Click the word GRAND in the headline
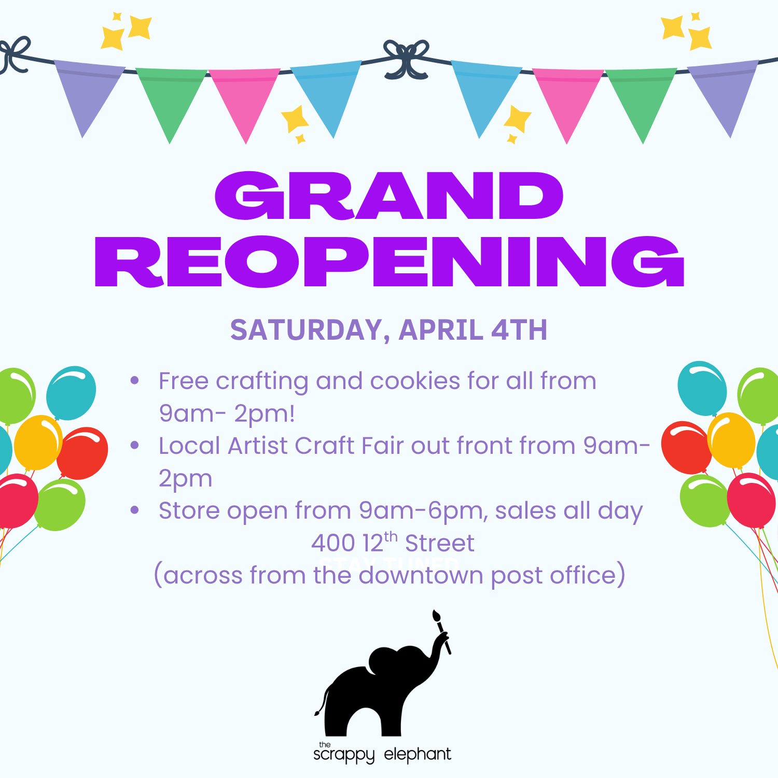[x=389, y=196]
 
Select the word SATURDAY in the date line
[x=306, y=330]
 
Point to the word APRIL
[x=441, y=330]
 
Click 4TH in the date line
[x=519, y=330]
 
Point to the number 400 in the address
[x=332, y=544]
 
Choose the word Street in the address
[x=439, y=544]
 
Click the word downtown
[x=420, y=576]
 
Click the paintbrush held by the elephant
[x=441, y=630]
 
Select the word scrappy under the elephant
[x=343, y=755]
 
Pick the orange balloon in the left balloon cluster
[x=37, y=442]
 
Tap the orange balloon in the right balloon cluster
[x=731, y=440]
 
